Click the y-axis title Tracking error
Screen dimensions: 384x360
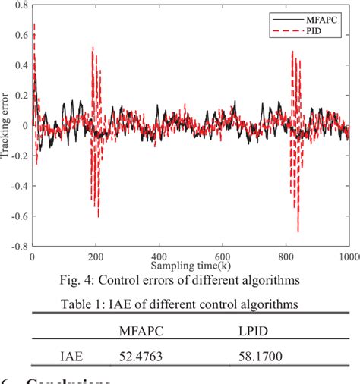tap(6, 126)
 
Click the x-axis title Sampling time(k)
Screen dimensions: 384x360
tap(190, 266)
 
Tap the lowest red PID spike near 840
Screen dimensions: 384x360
tap(298, 231)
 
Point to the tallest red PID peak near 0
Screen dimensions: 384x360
tap(34, 24)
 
